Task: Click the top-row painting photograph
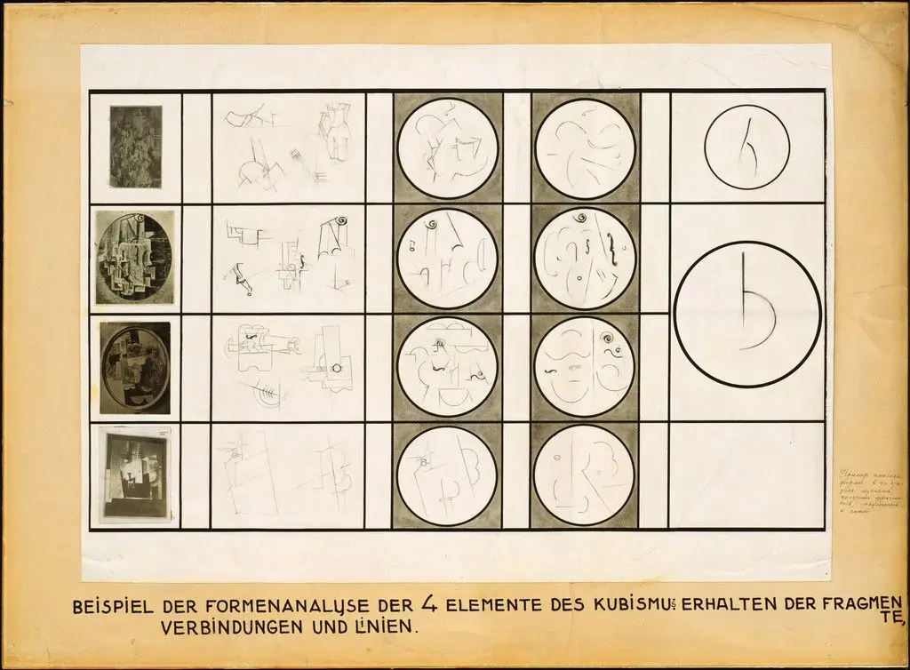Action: coord(136,147)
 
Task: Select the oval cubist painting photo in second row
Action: coord(135,258)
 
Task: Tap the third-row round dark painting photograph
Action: coord(135,367)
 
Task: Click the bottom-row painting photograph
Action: coord(134,476)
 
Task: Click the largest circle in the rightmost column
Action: coord(746,314)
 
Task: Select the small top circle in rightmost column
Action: coord(746,148)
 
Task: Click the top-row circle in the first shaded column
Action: coord(447,148)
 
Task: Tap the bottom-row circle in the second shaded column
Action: coord(585,475)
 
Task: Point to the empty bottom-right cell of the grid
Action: coord(746,475)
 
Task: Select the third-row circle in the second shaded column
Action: coord(585,366)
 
